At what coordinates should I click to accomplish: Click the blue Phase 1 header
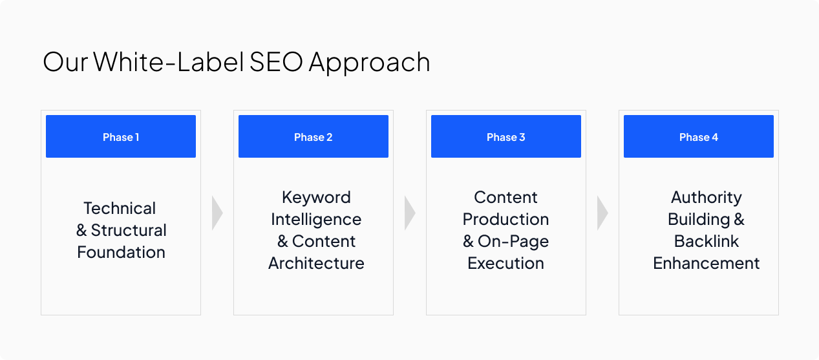pyautogui.click(x=121, y=136)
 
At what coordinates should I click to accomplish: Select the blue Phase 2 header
pyautogui.click(x=314, y=136)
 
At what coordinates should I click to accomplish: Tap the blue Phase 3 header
pyautogui.click(x=506, y=136)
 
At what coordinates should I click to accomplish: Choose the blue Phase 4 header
pyautogui.click(x=699, y=136)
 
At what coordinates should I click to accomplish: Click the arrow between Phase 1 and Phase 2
pyautogui.click(x=217, y=213)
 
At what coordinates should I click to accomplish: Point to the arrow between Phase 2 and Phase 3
pyautogui.click(x=410, y=213)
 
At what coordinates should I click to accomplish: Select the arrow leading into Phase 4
pyautogui.click(x=602, y=213)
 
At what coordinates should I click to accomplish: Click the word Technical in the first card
pyautogui.click(x=120, y=208)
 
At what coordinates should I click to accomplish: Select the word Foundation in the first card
pyautogui.click(x=121, y=252)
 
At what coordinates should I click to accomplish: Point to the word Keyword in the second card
pyautogui.click(x=316, y=197)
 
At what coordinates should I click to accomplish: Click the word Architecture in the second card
pyautogui.click(x=316, y=263)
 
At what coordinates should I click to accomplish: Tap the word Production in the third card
pyautogui.click(x=505, y=219)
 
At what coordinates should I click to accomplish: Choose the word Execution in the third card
pyautogui.click(x=505, y=263)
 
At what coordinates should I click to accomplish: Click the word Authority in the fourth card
pyautogui.click(x=706, y=197)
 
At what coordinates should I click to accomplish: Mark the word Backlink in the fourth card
pyautogui.click(x=706, y=241)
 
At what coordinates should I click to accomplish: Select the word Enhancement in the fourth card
pyautogui.click(x=706, y=263)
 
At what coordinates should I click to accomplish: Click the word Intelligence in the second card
pyautogui.click(x=316, y=219)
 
